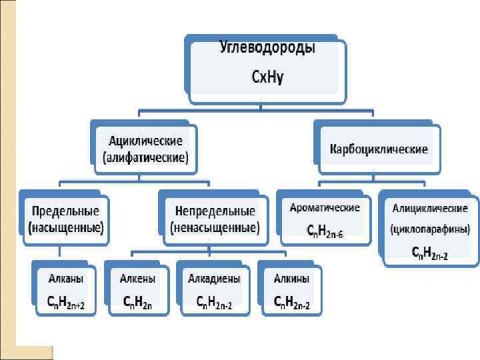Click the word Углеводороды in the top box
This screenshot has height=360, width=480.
[x=267, y=48]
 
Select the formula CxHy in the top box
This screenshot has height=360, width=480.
[x=267, y=77]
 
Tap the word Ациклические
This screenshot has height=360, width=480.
[x=146, y=141]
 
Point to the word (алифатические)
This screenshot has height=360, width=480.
[x=146, y=158]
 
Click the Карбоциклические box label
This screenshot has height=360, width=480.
[x=379, y=149]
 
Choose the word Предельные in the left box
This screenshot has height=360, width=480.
[x=65, y=211]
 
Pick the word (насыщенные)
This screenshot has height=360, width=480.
[x=65, y=227]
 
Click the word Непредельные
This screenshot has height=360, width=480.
[x=215, y=211]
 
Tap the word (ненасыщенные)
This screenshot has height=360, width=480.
[x=215, y=227]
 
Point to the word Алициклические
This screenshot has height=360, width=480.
[x=430, y=208]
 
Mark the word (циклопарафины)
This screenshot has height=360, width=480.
[x=430, y=229]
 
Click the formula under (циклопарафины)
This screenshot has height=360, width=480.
[x=430, y=251]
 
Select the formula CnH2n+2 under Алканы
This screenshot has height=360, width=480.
[x=65, y=302]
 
